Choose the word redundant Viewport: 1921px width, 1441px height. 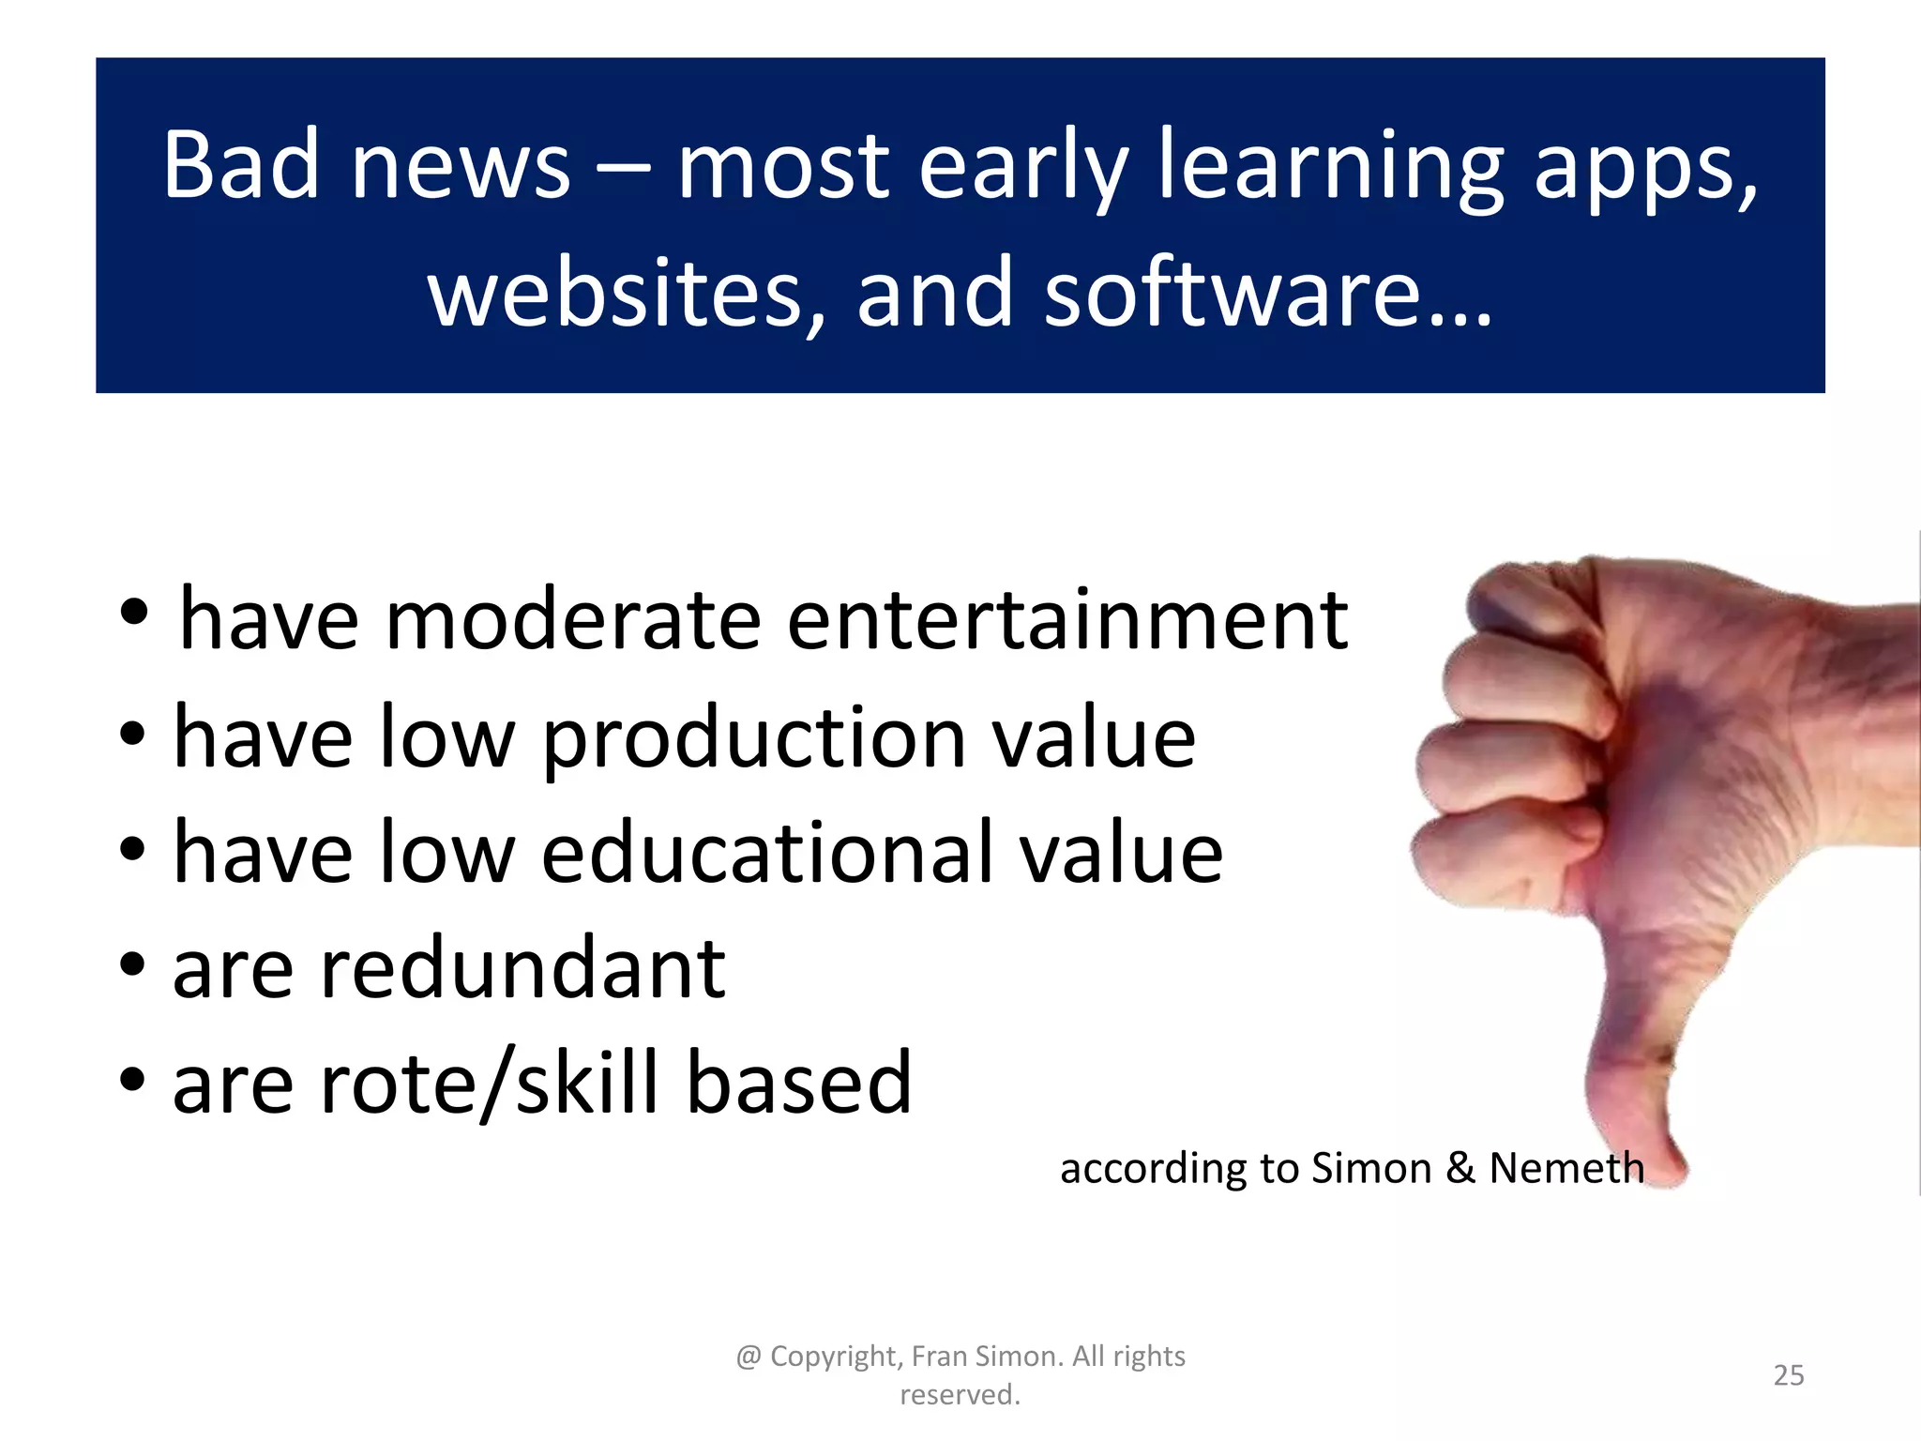click(x=523, y=967)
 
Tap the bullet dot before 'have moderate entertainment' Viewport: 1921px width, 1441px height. click(x=134, y=613)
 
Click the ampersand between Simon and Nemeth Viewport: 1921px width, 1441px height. click(x=1460, y=1169)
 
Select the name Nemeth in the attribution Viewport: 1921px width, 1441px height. click(x=1566, y=1169)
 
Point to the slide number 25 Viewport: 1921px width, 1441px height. click(x=1789, y=1375)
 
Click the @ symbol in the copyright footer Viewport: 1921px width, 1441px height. click(x=749, y=1358)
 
